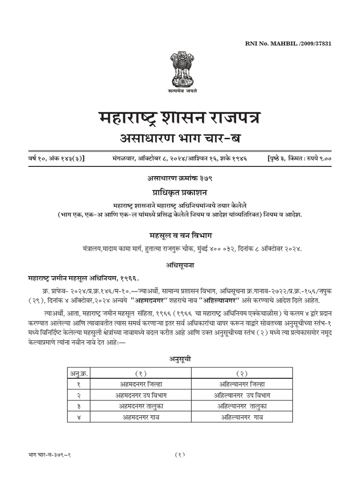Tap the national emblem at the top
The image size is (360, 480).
click(180, 70)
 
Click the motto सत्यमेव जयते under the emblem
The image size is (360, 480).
click(180, 91)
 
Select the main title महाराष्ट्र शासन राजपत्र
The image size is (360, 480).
click(180, 119)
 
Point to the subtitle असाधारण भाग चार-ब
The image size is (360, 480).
click(180, 139)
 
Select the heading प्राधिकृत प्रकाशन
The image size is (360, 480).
click(180, 193)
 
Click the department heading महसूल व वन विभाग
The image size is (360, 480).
click(180, 235)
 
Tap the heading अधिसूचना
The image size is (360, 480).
click(180, 265)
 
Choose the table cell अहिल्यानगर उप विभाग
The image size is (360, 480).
click(241, 394)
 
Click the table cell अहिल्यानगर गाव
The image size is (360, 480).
click(241, 416)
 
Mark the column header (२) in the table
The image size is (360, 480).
click(241, 373)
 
